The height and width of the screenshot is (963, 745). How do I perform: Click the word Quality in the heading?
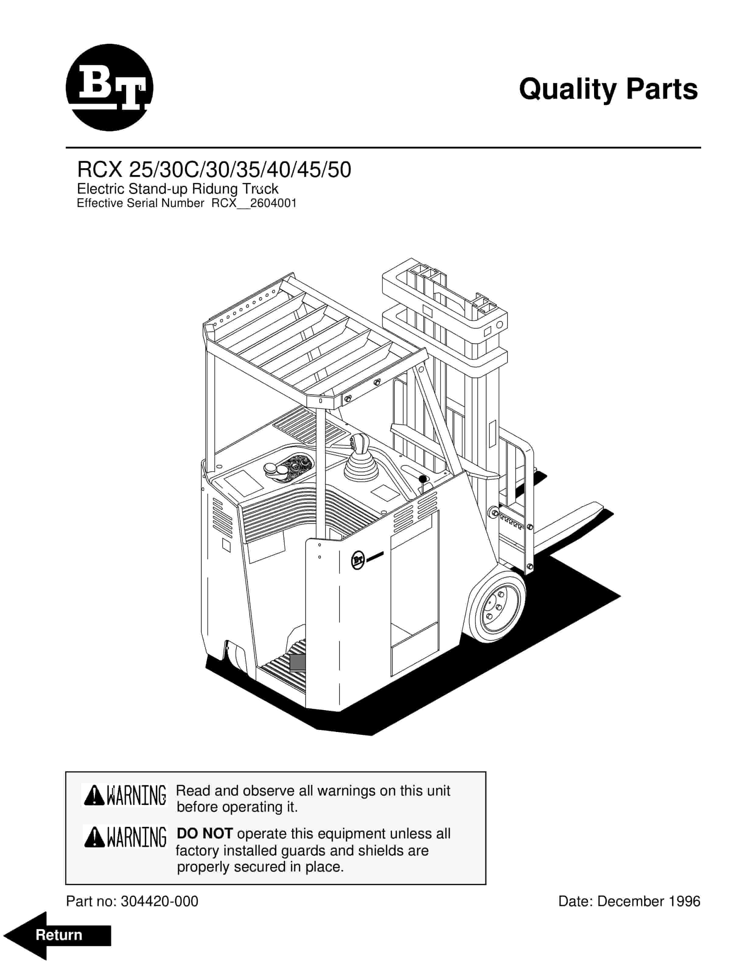[567, 90]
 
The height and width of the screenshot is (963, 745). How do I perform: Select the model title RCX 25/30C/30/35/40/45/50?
[214, 170]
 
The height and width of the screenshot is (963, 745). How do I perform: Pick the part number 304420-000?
[159, 901]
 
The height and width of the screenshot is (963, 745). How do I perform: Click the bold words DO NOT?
[204, 834]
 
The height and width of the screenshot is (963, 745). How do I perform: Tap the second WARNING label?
[125, 837]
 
